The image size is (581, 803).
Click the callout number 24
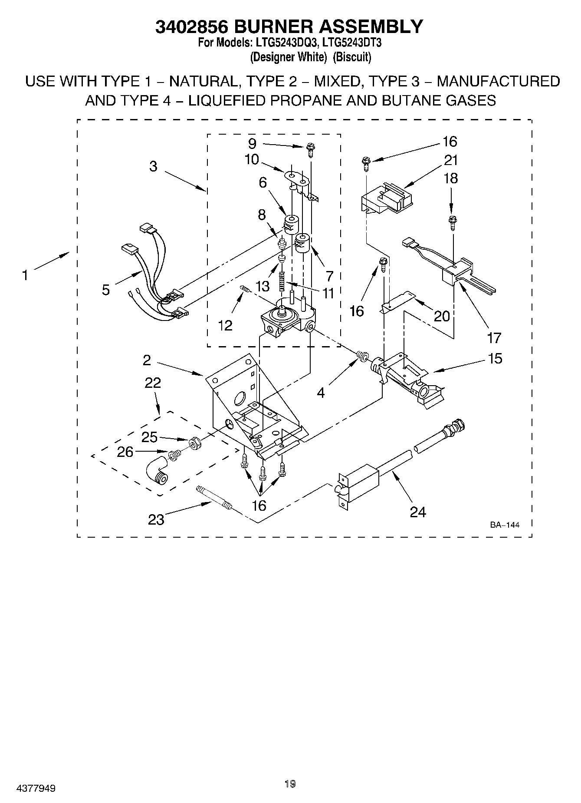(x=418, y=512)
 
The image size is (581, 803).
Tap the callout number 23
(x=156, y=519)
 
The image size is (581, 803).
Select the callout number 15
(x=495, y=359)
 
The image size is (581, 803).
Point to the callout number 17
(x=494, y=337)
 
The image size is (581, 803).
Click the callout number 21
(x=451, y=160)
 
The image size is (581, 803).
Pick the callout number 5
(x=106, y=290)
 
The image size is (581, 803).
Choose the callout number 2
(x=147, y=360)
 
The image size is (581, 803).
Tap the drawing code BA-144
(x=505, y=525)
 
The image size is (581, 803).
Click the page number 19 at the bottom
(x=290, y=783)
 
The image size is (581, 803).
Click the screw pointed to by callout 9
(x=310, y=149)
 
